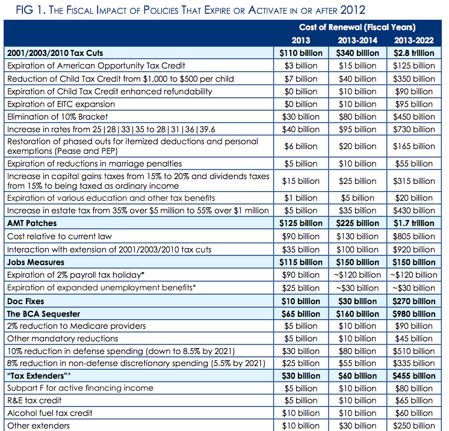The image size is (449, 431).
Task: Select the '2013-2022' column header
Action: click(x=414, y=40)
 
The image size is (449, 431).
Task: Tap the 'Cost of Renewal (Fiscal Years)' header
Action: click(x=357, y=28)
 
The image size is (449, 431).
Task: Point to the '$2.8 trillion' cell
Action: click(x=414, y=53)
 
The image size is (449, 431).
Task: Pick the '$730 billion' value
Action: click(x=414, y=129)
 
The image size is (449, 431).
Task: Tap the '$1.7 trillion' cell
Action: click(x=414, y=223)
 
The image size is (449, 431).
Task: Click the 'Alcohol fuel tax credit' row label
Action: click(x=49, y=413)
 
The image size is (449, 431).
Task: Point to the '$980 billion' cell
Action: click(x=414, y=314)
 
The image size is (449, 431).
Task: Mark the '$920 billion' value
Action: click(x=414, y=249)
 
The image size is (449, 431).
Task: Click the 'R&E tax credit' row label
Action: click(x=34, y=400)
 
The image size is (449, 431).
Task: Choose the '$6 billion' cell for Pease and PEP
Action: click(x=300, y=146)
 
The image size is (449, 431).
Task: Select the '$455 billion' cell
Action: click(x=414, y=376)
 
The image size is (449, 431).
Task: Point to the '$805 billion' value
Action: click(x=414, y=236)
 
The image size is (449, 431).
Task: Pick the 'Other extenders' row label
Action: click(x=39, y=426)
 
